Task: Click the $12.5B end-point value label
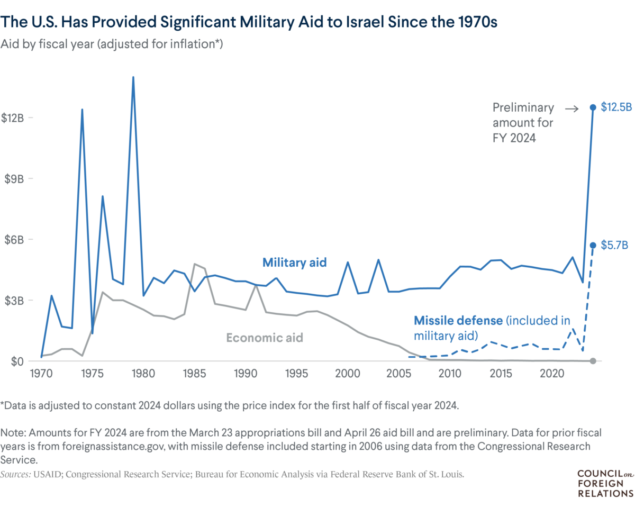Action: pyautogui.click(x=616, y=107)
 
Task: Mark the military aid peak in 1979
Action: pyautogui.click(x=133, y=77)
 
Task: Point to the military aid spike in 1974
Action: pyautogui.click(x=82, y=109)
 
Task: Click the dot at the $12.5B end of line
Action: pyautogui.click(x=593, y=107)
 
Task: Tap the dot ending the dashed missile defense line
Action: pyautogui.click(x=593, y=245)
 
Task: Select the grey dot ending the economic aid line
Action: pyautogui.click(x=593, y=361)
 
